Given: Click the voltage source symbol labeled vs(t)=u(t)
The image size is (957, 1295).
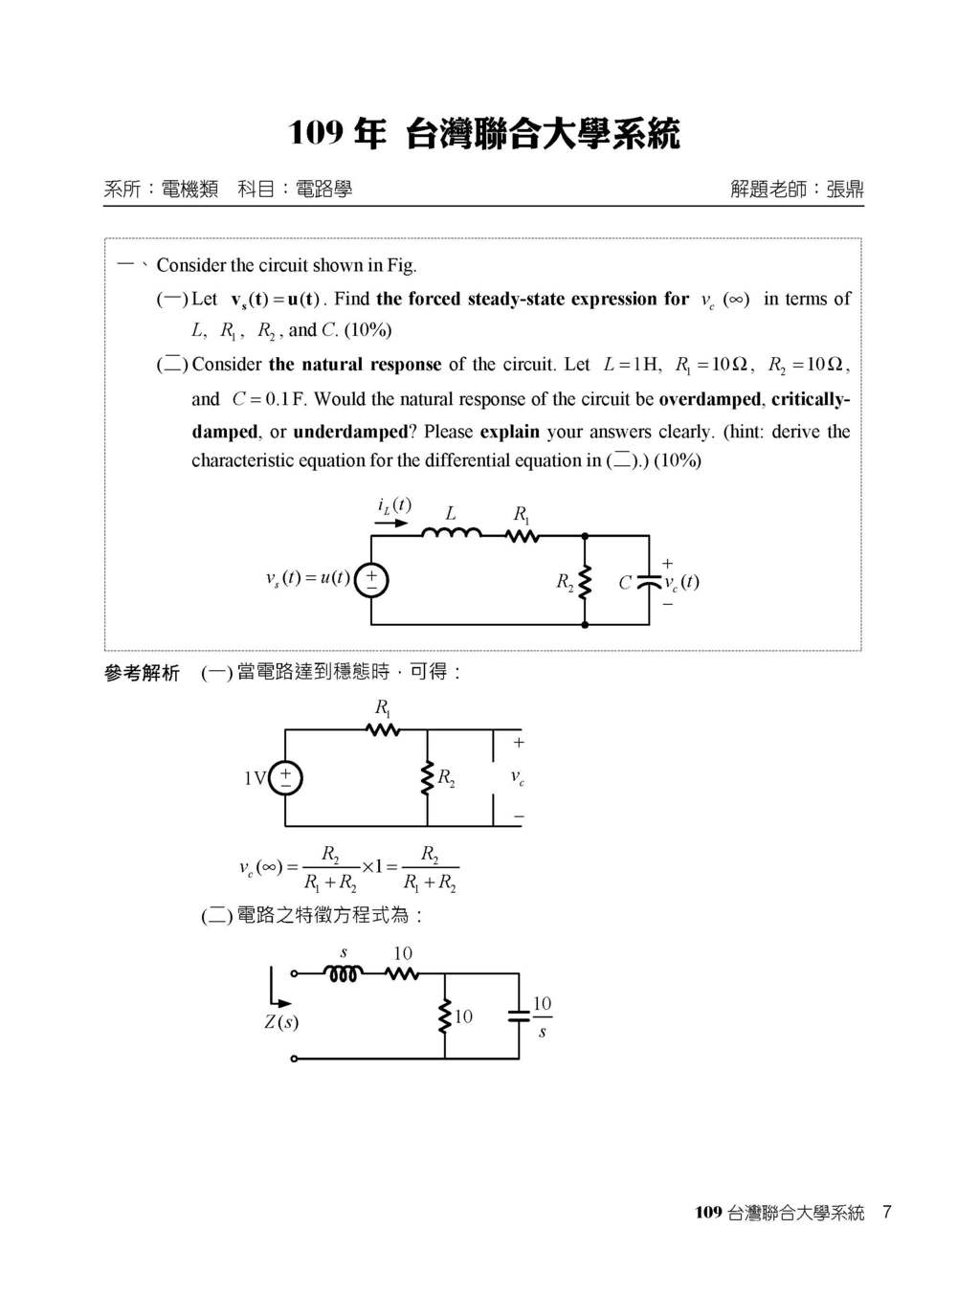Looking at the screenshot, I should click(x=371, y=579).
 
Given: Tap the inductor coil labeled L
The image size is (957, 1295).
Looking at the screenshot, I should click(x=452, y=534).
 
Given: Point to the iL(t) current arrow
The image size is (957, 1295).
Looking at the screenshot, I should click(x=391, y=524).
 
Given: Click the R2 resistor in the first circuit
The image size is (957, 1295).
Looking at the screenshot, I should click(x=585, y=581).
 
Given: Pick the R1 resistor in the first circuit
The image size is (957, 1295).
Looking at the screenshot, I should click(x=523, y=536).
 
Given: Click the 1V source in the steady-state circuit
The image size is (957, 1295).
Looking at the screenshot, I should click(x=285, y=778).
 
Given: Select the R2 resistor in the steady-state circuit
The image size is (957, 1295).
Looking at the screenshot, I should click(x=427, y=778).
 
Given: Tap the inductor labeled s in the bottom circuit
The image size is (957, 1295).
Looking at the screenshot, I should click(x=344, y=974).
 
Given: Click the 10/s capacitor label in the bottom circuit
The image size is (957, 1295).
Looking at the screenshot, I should click(x=542, y=1016).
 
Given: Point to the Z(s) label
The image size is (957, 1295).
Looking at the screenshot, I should click(x=281, y=1022).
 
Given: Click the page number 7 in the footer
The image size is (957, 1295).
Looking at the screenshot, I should click(x=887, y=1213).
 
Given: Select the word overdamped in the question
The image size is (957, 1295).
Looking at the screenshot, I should click(x=709, y=399).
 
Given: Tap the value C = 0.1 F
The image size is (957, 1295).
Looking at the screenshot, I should click(x=268, y=399).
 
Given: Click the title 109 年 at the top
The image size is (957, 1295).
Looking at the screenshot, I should click(x=337, y=133).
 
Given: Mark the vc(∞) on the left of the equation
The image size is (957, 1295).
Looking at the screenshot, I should click(x=260, y=867).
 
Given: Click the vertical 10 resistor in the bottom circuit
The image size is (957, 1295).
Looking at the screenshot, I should click(x=445, y=1016).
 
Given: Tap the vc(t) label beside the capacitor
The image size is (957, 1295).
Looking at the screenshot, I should click(x=681, y=582).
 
